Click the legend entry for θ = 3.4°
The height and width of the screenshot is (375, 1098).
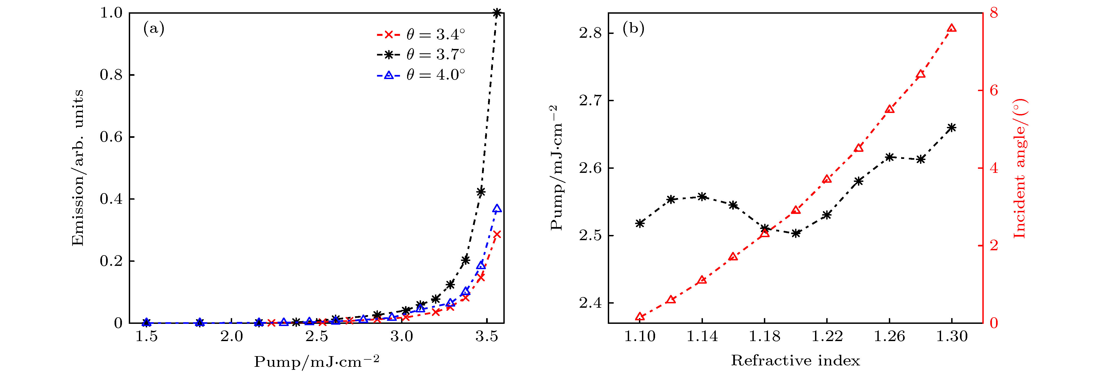tap(420, 34)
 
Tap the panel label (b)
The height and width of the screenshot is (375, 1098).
tap(633, 29)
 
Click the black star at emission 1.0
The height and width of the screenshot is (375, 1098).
tap(497, 13)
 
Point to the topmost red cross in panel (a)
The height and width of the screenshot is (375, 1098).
tap(497, 234)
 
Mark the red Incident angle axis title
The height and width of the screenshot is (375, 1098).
tap(1019, 168)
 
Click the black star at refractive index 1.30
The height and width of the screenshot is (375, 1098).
tap(952, 127)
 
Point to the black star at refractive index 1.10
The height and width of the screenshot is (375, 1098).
tap(640, 223)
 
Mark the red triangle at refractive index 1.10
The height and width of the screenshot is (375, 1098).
tap(640, 316)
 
